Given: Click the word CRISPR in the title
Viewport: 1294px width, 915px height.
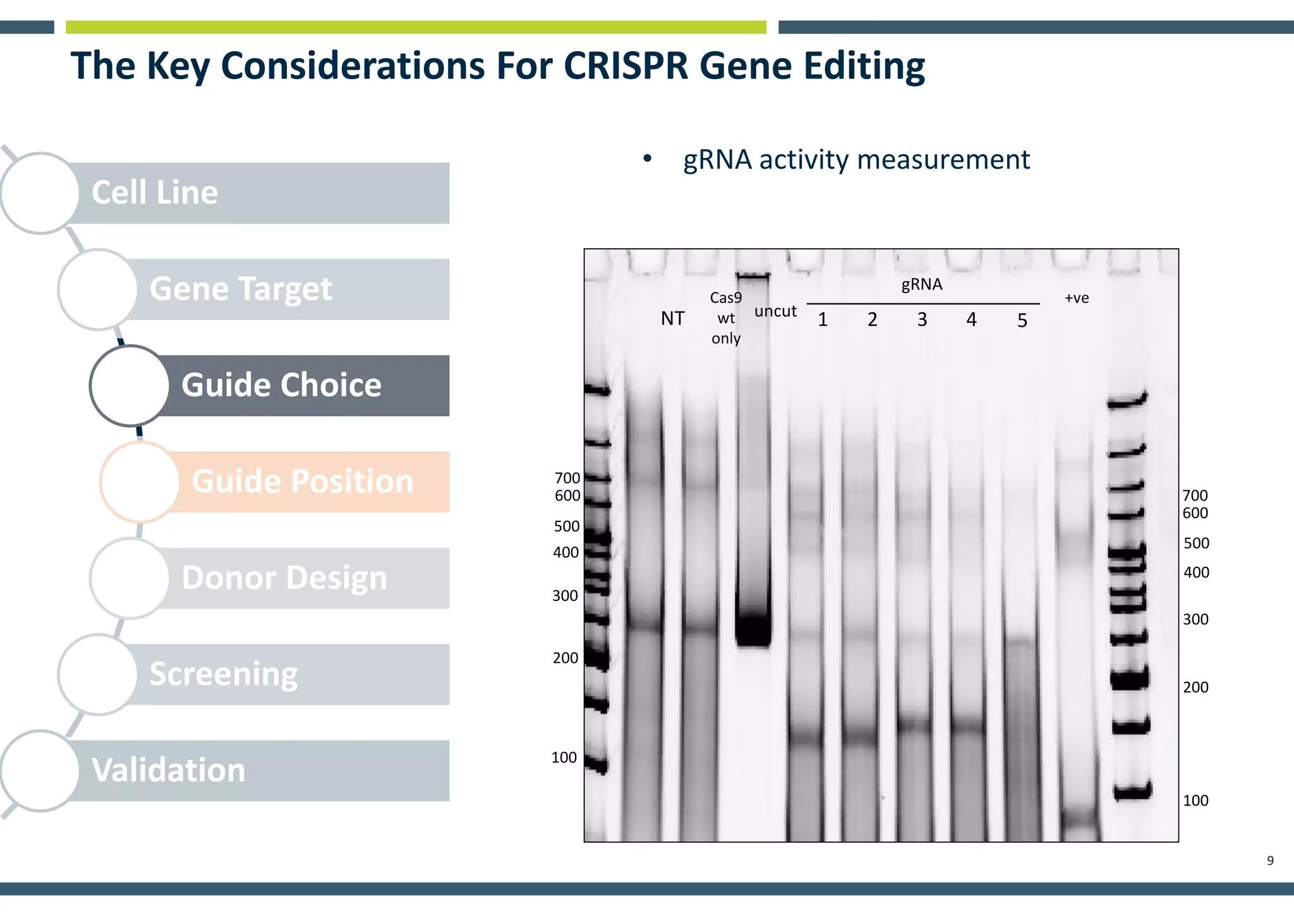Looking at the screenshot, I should pos(625,66).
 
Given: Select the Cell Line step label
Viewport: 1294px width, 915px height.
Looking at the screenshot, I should pos(155,192).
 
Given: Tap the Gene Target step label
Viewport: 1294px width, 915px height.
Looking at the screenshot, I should pos(240,289).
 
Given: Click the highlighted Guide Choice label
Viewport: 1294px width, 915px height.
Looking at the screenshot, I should pos(281,385).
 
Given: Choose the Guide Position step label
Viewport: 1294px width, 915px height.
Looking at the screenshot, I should pos(302,482).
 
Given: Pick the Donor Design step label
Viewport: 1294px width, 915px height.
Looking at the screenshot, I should pos(284,578).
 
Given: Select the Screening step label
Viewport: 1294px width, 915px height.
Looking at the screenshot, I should pos(223,674).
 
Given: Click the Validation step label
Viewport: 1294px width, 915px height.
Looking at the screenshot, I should pos(168,770).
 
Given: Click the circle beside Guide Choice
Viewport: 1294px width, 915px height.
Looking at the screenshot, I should pos(130,385).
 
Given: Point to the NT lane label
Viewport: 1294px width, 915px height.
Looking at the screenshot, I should pos(672,318).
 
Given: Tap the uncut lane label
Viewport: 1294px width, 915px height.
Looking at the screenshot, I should pos(775,312).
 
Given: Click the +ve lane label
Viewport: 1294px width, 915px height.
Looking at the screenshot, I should pos(1077,298).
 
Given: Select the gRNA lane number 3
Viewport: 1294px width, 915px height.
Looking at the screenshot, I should pos(922,320).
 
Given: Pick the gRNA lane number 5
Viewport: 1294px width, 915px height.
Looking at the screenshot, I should pos(1022,321).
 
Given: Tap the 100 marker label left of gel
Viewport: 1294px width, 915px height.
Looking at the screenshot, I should pos(564,757).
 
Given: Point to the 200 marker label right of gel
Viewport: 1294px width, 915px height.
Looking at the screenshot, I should pos(1195,687).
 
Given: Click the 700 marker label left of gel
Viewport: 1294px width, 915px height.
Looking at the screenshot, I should pos(567,478).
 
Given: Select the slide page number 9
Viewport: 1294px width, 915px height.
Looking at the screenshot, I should pos(1270,861).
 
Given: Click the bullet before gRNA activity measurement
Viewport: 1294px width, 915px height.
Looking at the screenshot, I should pos(647,159).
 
